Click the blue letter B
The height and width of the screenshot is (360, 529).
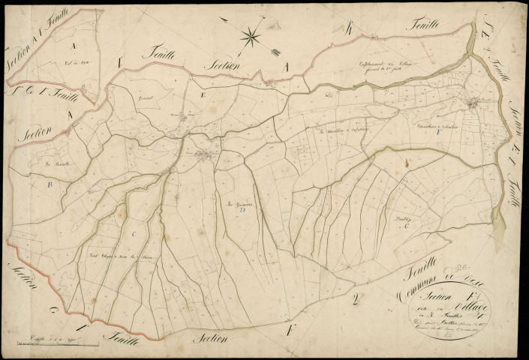[x=50, y=182]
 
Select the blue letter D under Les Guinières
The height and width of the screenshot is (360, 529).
[x=242, y=211]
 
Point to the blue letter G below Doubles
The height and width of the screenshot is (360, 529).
[x=406, y=225]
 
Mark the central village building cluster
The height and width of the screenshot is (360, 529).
[x=204, y=154]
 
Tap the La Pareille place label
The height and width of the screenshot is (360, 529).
[x=56, y=162]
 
